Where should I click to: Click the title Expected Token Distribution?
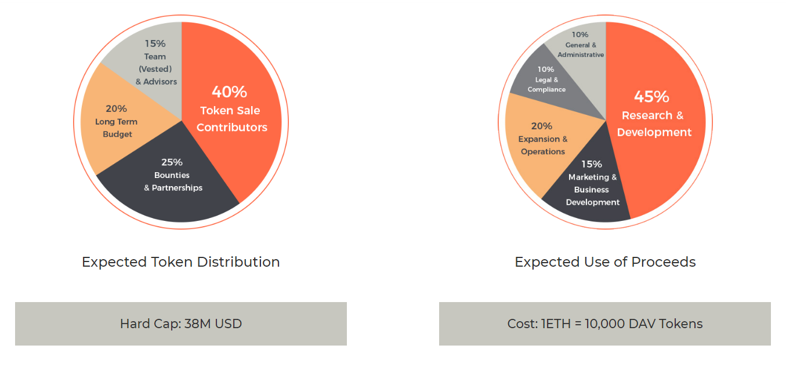tap(181, 262)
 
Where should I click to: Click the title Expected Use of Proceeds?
tap(605, 262)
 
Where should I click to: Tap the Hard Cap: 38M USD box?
tap(181, 324)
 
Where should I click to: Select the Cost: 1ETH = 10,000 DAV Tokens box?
tap(605, 324)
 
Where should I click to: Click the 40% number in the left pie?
tap(230, 92)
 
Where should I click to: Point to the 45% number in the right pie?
tap(651, 96)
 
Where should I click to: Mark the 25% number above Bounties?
tap(172, 162)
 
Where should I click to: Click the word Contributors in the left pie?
tap(232, 127)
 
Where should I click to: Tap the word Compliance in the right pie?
tap(546, 89)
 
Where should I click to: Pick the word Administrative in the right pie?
tap(581, 54)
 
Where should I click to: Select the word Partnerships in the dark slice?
tap(177, 188)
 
